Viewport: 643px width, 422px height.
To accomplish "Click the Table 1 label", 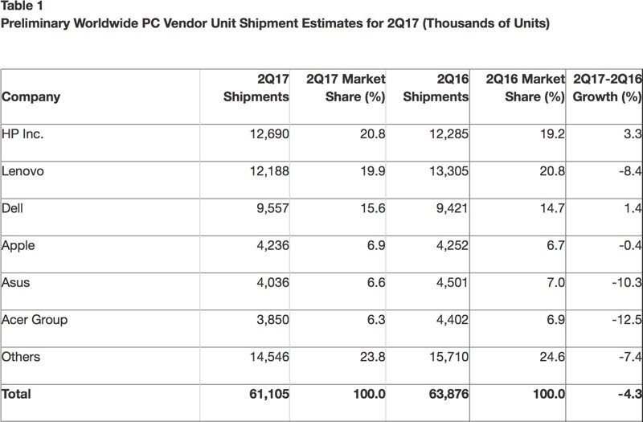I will point(22,7).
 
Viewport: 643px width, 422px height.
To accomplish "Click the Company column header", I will point(31,97).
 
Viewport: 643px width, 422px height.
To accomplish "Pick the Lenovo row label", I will point(24,171).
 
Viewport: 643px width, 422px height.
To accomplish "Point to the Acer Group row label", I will point(35,319).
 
